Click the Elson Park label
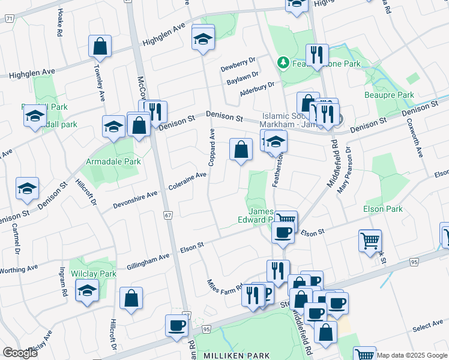point(382,209)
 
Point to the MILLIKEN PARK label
point(237,356)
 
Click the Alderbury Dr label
point(256,88)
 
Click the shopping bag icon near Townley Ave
point(100,46)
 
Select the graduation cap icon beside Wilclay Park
point(87,292)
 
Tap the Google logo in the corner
point(20,353)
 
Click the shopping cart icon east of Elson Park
point(370,241)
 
